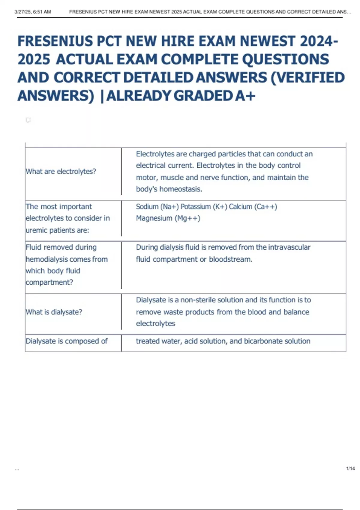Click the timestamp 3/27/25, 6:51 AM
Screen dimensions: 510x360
(33, 12)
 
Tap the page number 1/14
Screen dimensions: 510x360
(350, 468)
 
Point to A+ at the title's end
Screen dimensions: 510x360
(245, 96)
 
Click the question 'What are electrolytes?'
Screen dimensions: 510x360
(61, 171)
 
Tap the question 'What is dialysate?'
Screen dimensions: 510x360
(54, 312)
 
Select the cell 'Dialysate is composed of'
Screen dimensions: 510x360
(67, 341)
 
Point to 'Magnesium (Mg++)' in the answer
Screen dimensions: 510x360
(168, 218)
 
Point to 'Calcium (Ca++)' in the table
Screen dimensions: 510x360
(253, 207)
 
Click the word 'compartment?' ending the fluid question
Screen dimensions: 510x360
(49, 282)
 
